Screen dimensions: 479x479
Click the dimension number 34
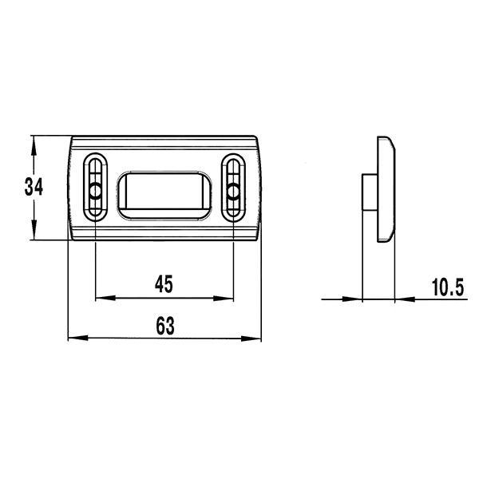pyautogui.click(x=34, y=187)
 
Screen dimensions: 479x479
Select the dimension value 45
pyautogui.click(x=164, y=283)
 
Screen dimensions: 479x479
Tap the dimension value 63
pyautogui.click(x=165, y=326)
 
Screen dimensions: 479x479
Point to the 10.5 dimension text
pyautogui.click(x=448, y=287)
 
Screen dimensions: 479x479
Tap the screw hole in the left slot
pyautogui.click(x=96, y=191)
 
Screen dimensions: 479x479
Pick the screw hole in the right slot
pyautogui.click(x=233, y=192)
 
